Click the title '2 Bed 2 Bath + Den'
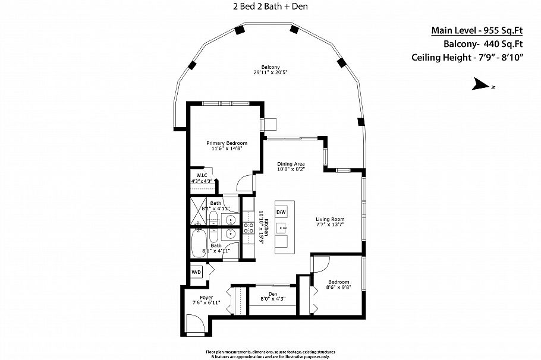pos(270,7)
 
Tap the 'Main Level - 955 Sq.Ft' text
pos(476,31)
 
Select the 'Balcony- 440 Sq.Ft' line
pos(483,44)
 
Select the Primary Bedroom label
pos(227,146)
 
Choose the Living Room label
pos(330,222)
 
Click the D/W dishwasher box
pos(281,212)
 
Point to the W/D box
pos(196,272)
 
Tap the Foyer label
pos(206,300)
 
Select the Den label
pos(273,296)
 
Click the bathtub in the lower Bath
pos(199,244)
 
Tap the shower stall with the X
pos(197,210)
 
